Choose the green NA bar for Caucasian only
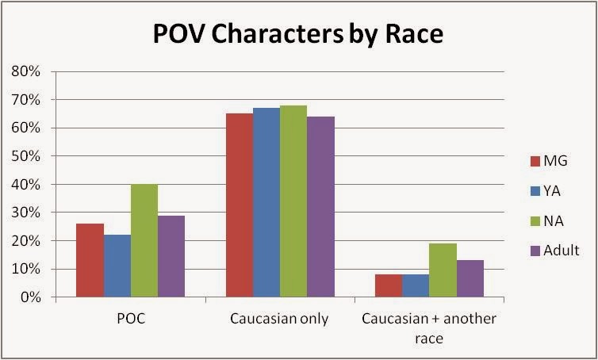coord(293,201)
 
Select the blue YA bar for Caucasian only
coord(266,203)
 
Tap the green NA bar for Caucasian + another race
coord(443,270)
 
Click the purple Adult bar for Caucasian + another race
coord(470,278)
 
